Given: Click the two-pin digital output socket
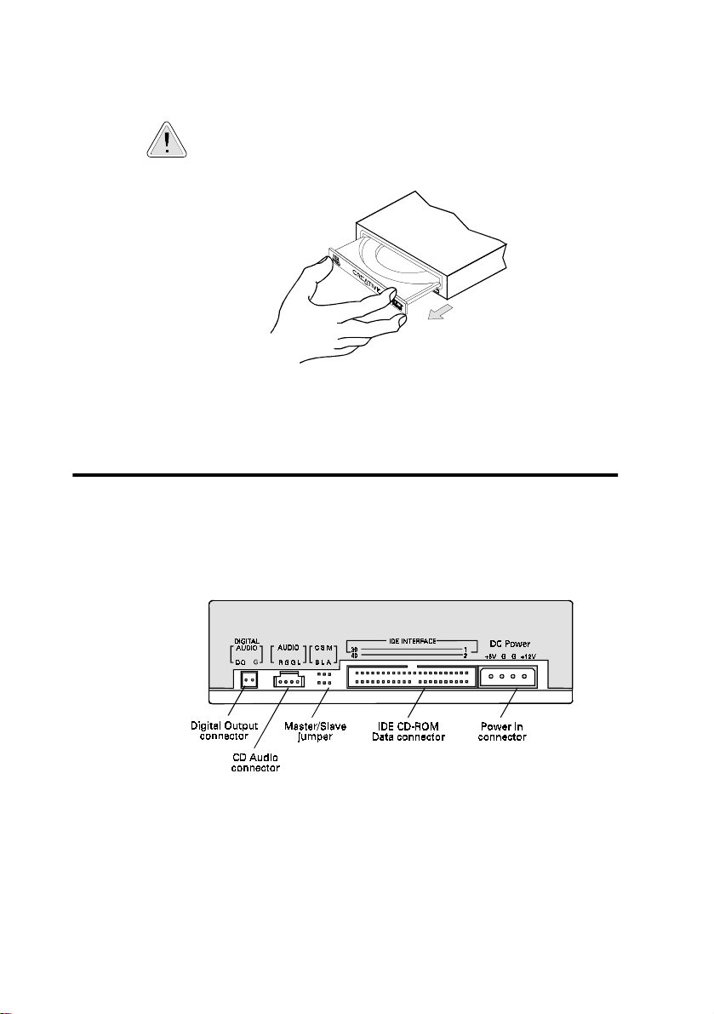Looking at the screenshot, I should (248, 679).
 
